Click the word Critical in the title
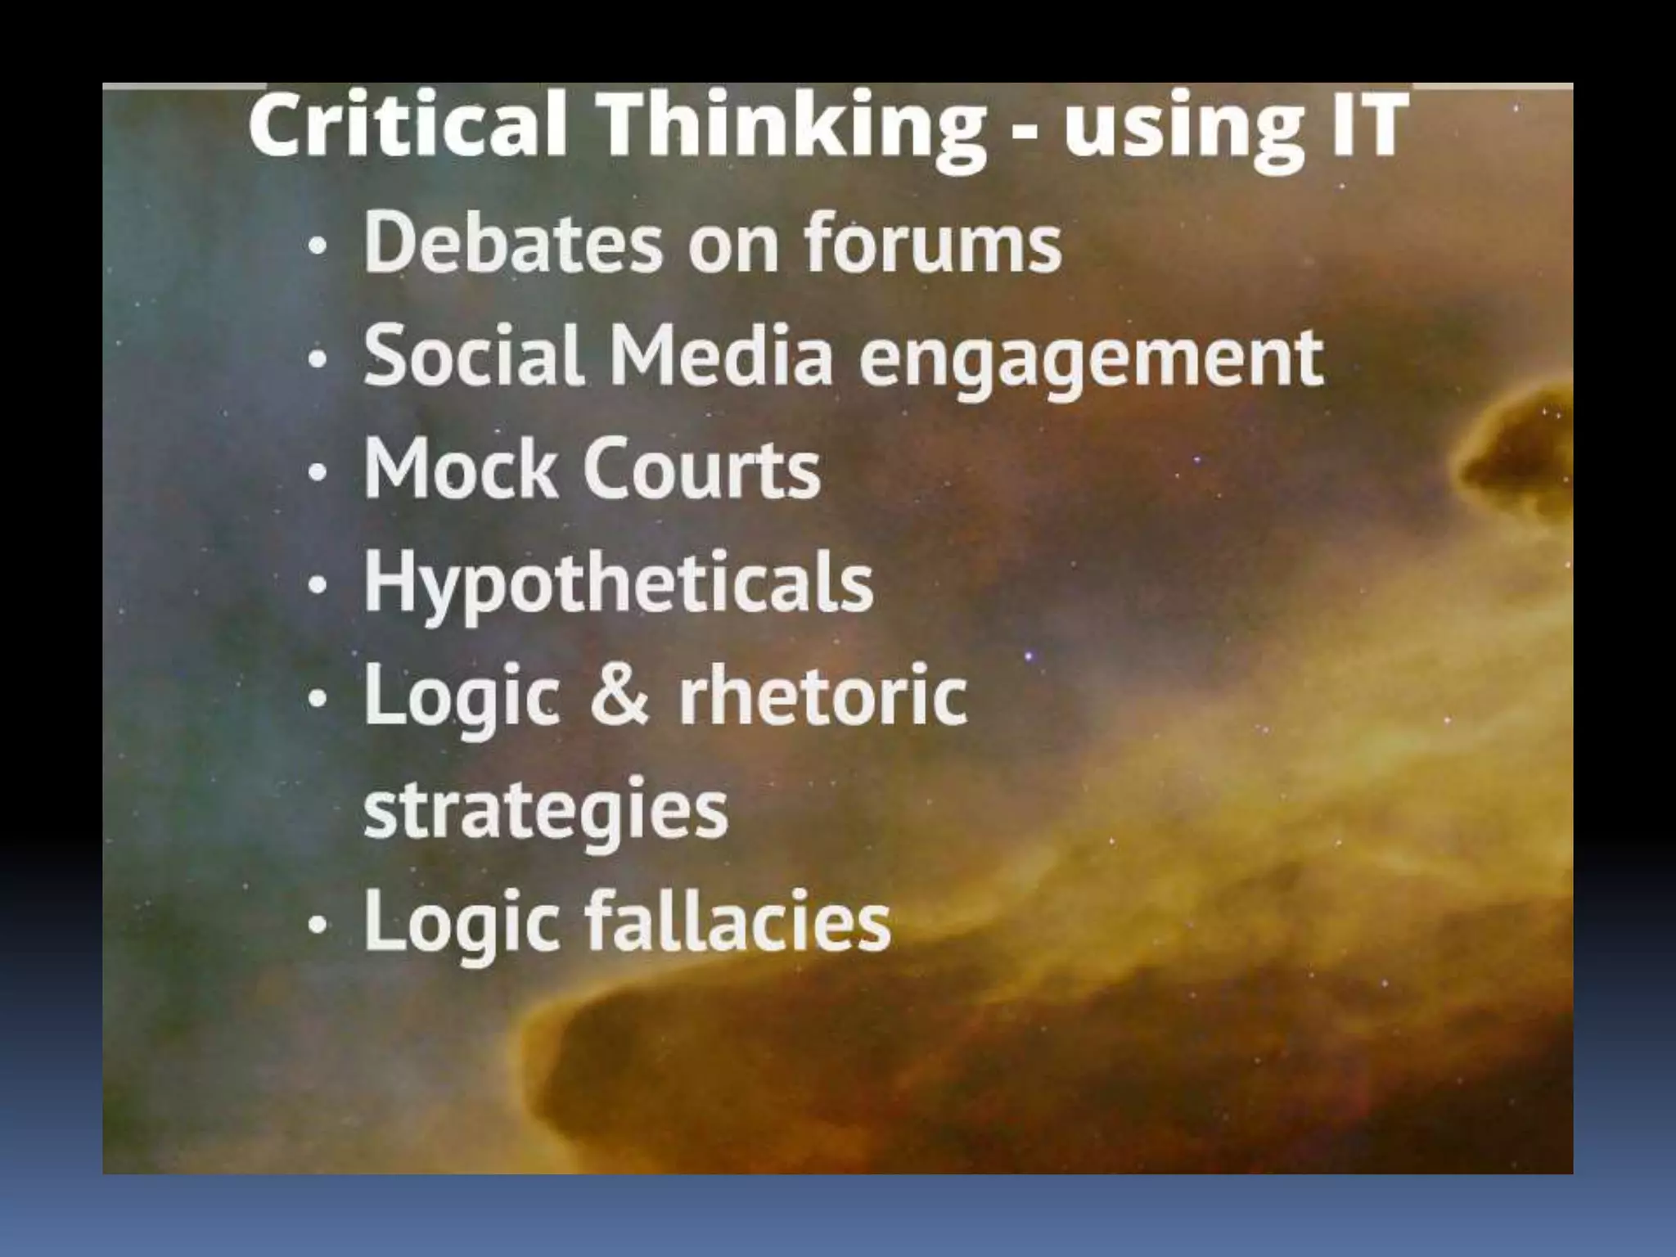tap(407, 127)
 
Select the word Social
tap(474, 356)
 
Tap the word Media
tap(721, 356)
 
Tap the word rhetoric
tap(822, 696)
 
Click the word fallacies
tap(737, 922)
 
